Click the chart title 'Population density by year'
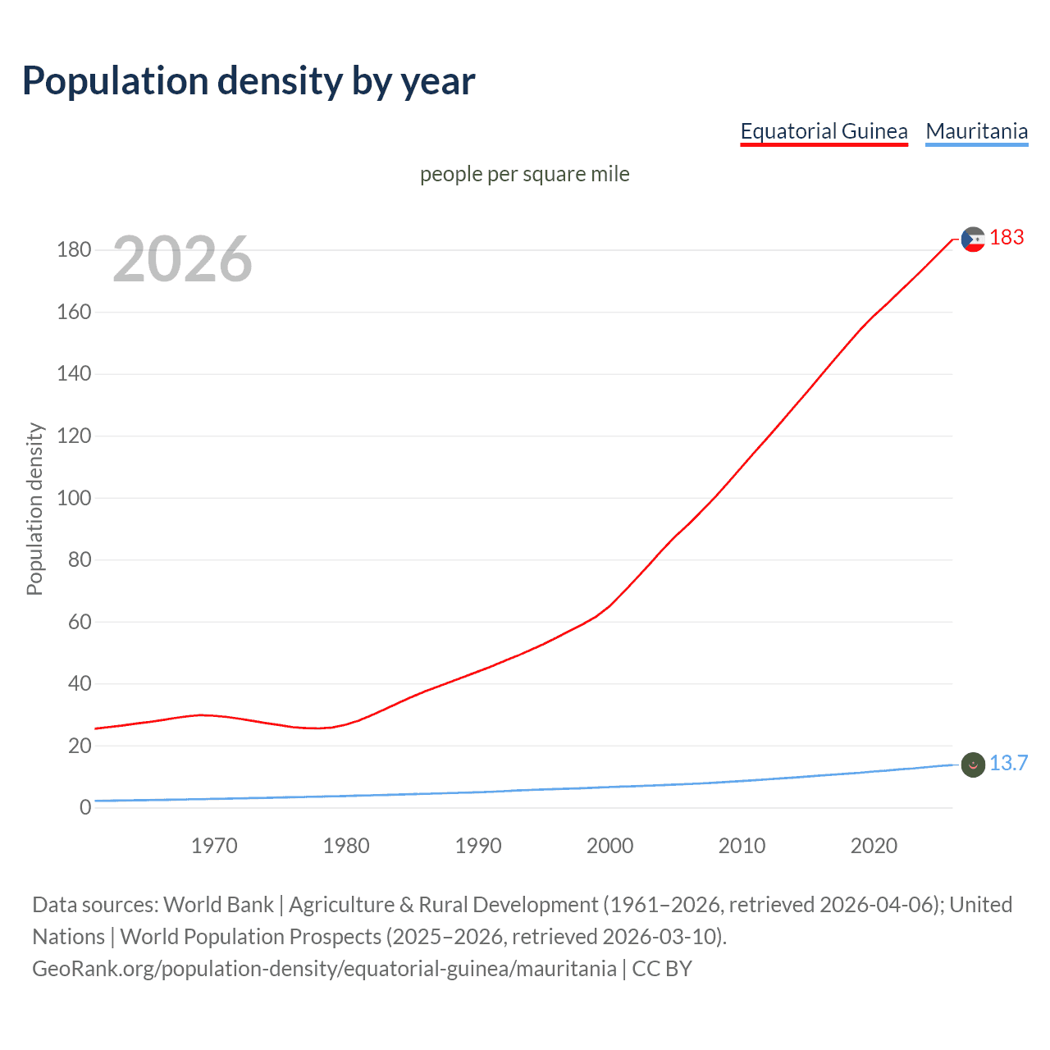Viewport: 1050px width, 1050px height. (249, 80)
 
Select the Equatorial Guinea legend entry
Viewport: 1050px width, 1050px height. (824, 131)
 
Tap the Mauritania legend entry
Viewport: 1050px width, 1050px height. (976, 131)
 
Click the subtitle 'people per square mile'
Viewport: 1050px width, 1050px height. (524, 174)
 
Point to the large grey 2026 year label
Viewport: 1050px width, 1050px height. (182, 259)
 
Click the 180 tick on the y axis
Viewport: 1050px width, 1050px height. (74, 249)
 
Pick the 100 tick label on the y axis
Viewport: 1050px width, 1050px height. (74, 498)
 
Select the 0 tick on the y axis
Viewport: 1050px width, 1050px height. (85, 807)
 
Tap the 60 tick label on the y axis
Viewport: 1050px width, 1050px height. (79, 622)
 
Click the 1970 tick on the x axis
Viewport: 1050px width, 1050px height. (214, 846)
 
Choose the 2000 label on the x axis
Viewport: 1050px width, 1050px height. (609, 846)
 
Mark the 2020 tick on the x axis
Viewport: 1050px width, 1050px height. (874, 846)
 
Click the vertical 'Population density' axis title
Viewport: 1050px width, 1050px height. (34, 509)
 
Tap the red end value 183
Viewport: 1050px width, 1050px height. (1007, 237)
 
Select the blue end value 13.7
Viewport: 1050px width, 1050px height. (1008, 763)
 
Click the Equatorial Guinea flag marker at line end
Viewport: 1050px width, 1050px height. (973, 240)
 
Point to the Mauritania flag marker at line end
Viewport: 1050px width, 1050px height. (973, 765)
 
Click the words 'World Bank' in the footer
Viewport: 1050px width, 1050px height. (218, 904)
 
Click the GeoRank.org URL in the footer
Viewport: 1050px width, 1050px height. (324, 968)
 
